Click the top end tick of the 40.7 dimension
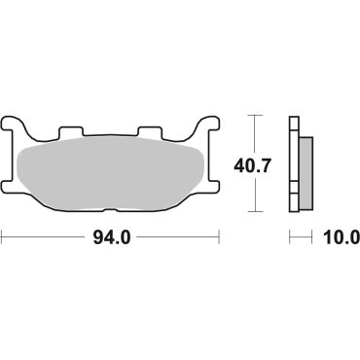256,116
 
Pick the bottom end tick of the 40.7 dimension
256,211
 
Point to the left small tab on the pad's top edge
71,131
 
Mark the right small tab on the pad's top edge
151,131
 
